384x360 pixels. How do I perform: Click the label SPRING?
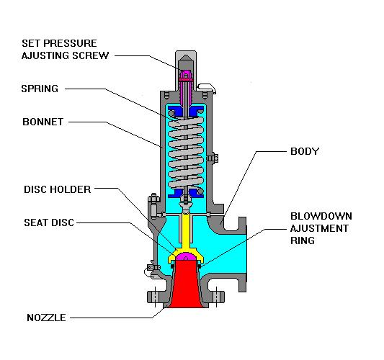pyautogui.click(x=40, y=89)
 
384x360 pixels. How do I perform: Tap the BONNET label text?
pyautogui.click(x=43, y=122)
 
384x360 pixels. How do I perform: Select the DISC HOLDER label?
pyautogui.click(x=56, y=190)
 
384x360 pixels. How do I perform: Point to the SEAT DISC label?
pyautogui.click(x=48, y=222)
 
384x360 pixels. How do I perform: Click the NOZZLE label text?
pyautogui.click(x=46, y=317)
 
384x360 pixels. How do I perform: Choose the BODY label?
pyautogui.click(x=303, y=152)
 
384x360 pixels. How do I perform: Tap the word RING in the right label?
pyautogui.click(x=303, y=240)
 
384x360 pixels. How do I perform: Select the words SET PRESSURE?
pyautogui.click(x=58, y=43)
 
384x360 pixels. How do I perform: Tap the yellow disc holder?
pyautogui.click(x=185, y=230)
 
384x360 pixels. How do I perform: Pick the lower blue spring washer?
pyautogui.click(x=185, y=193)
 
